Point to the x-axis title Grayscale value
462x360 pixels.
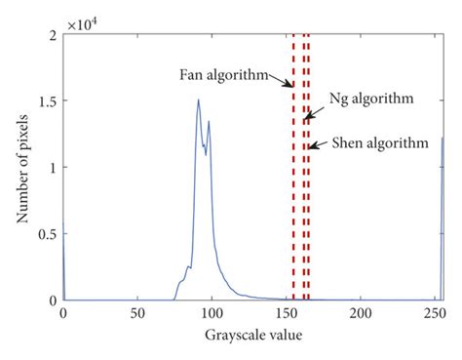coord(252,336)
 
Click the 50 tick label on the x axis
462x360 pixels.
coord(137,314)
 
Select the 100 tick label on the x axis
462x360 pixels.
coord(212,314)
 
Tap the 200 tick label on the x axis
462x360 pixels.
coord(361,314)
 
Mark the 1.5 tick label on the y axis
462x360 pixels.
coord(48,101)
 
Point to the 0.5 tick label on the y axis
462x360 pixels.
coord(48,234)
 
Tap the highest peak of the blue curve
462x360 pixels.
coord(198,100)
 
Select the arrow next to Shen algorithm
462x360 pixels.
coord(317,146)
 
